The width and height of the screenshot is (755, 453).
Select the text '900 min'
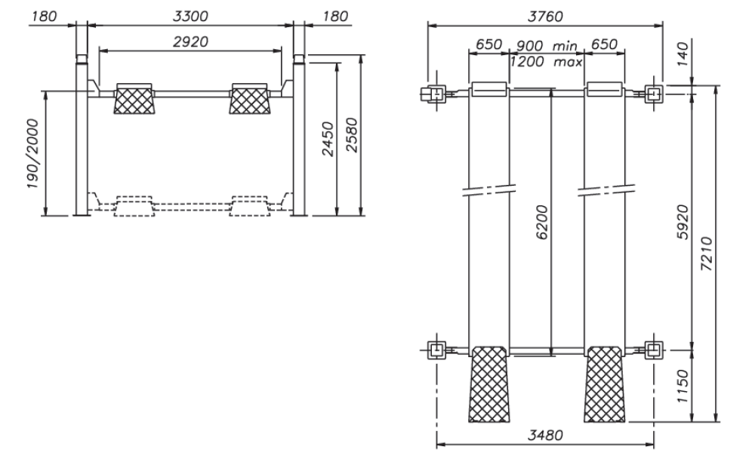click(546, 45)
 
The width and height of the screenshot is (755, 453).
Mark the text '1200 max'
click(546, 62)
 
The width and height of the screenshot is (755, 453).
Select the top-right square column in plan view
click(654, 94)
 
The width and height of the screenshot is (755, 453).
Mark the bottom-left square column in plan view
click(436, 350)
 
